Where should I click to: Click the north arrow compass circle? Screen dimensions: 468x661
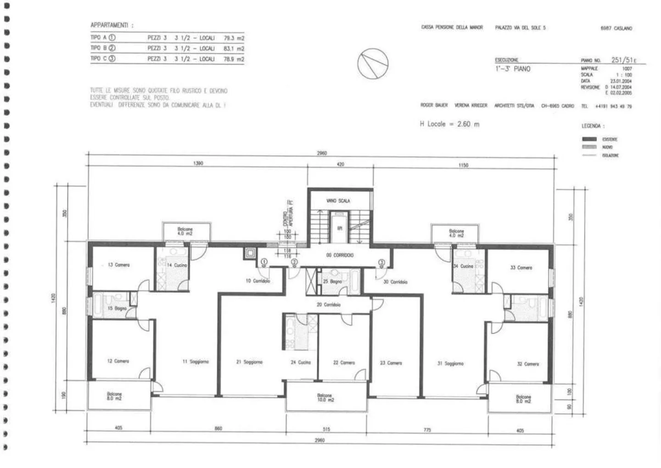click(372, 64)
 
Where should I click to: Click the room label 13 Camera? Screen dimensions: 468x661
click(118, 265)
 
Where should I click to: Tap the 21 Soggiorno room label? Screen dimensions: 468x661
click(249, 362)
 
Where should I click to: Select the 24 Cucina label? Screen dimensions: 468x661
click(301, 362)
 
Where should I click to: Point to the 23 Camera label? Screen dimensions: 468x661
click(391, 363)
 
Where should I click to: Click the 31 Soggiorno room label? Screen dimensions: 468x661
click(450, 363)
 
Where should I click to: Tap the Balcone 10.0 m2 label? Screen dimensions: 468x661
click(325, 398)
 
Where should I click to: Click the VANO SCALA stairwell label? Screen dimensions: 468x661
click(338, 201)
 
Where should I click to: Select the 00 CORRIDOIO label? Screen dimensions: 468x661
click(340, 255)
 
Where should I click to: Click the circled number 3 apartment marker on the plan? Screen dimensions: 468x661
click(381, 263)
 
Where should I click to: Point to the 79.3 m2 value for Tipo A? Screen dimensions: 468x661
click(234, 38)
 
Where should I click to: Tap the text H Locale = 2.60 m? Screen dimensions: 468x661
click(449, 124)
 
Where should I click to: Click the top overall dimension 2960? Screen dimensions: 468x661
click(322, 153)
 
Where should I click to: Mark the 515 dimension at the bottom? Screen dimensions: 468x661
click(326, 429)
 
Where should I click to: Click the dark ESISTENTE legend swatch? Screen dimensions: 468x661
click(589, 139)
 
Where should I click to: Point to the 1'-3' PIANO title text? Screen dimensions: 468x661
click(512, 69)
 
